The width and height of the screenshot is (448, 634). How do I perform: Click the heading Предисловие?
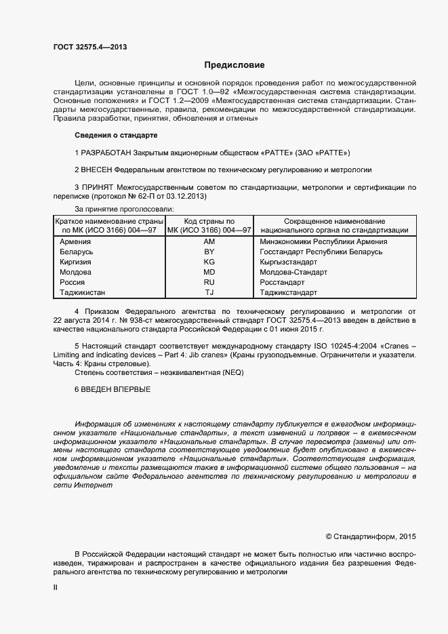(235, 65)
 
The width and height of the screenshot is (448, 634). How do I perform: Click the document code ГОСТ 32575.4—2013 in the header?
(90, 47)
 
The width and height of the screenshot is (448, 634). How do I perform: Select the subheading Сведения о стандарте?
(115, 135)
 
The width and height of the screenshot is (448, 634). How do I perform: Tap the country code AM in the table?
(209, 241)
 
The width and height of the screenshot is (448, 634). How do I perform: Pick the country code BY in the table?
(209, 252)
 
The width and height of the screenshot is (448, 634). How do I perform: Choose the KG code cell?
(209, 262)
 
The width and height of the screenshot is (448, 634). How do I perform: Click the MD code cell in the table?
(209, 272)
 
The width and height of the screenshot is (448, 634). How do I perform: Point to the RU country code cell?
(209, 282)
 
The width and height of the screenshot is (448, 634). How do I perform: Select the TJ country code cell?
(209, 293)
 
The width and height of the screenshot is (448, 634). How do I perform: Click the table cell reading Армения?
(75, 241)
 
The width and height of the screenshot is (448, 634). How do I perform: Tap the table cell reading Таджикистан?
(83, 293)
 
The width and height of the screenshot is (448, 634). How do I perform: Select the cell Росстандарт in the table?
(282, 282)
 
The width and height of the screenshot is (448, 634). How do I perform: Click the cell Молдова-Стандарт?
(293, 272)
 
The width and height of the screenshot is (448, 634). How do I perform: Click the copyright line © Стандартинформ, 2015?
(371, 536)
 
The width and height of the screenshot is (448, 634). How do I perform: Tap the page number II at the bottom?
(56, 589)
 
